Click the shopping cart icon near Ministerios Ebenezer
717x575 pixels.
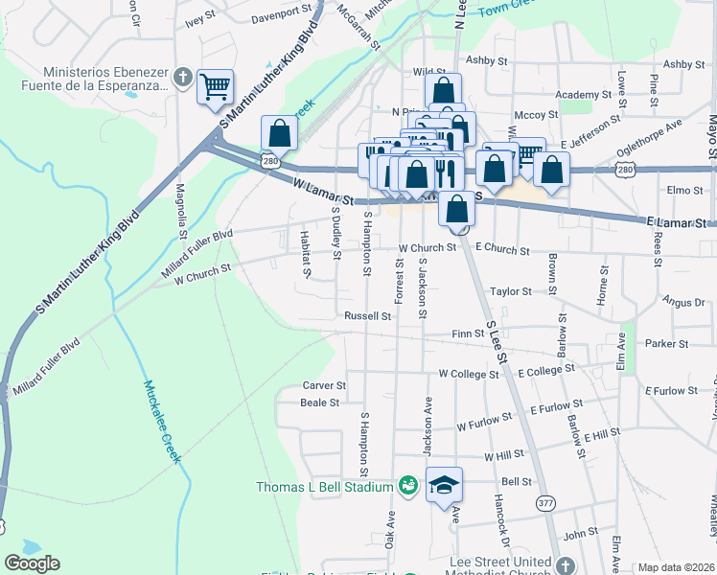(216, 87)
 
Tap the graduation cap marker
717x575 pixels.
(444, 485)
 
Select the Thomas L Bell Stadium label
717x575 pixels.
(324, 487)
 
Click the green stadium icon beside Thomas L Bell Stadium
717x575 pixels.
(408, 487)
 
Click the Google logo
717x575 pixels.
(32, 563)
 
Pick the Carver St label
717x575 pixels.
(323, 385)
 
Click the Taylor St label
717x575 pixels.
(510, 291)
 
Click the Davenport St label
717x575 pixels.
(283, 17)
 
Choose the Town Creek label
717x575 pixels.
(505, 9)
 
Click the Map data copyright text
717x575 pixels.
(677, 567)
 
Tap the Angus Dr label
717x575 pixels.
(682, 302)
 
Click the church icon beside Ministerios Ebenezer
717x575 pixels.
(182, 80)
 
